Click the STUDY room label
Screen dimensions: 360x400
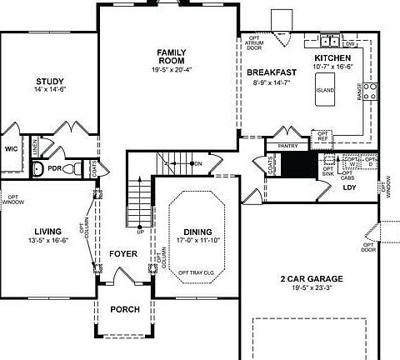[44, 81]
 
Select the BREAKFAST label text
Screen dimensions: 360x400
[271, 72]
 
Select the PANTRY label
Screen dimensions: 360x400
[287, 146]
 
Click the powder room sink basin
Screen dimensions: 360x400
[38, 169]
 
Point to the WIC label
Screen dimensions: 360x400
[12, 148]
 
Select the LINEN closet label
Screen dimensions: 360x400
[35, 147]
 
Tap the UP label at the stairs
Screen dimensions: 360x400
[140, 231]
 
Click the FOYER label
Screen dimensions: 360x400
[122, 253]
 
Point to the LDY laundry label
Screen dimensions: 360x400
[351, 187]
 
